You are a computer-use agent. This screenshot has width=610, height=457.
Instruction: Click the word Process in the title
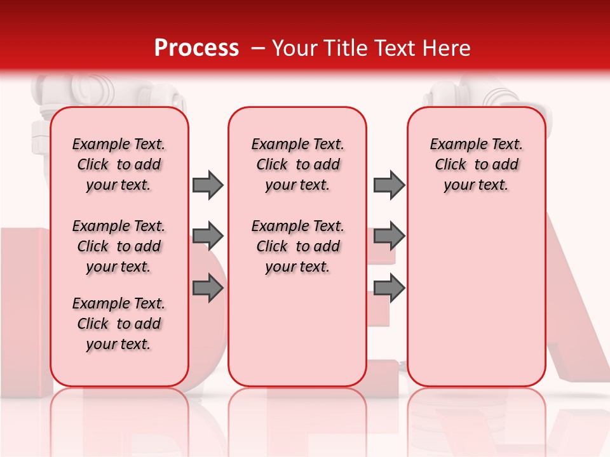pyautogui.click(x=196, y=48)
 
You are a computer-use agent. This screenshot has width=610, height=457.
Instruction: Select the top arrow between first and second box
pyautogui.click(x=208, y=185)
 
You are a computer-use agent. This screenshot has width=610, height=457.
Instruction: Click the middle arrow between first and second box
pyautogui.click(x=208, y=236)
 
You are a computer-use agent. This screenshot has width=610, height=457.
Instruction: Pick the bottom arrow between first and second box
pyautogui.click(x=208, y=288)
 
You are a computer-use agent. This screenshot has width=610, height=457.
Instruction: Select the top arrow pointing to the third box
pyautogui.click(x=389, y=185)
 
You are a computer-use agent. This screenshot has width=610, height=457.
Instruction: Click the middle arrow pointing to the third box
pyautogui.click(x=389, y=236)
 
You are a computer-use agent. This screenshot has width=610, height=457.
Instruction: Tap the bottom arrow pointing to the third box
pyautogui.click(x=389, y=288)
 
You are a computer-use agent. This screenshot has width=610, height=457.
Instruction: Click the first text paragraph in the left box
pyautogui.click(x=119, y=164)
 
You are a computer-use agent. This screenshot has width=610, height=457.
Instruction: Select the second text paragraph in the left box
pyautogui.click(x=119, y=246)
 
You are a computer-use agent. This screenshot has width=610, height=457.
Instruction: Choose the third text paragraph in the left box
pyautogui.click(x=119, y=324)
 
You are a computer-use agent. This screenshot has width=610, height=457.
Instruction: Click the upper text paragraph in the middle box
pyautogui.click(x=297, y=164)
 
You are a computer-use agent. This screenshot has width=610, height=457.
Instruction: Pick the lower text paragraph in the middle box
pyautogui.click(x=297, y=246)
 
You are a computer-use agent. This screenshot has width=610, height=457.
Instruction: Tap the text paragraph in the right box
pyautogui.click(x=476, y=164)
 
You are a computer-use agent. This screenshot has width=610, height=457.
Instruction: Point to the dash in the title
pyautogui.click(x=257, y=48)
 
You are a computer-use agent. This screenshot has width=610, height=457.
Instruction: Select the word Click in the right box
pyautogui.click(x=451, y=165)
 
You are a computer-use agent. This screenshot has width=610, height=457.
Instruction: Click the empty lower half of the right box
pyautogui.click(x=476, y=305)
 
